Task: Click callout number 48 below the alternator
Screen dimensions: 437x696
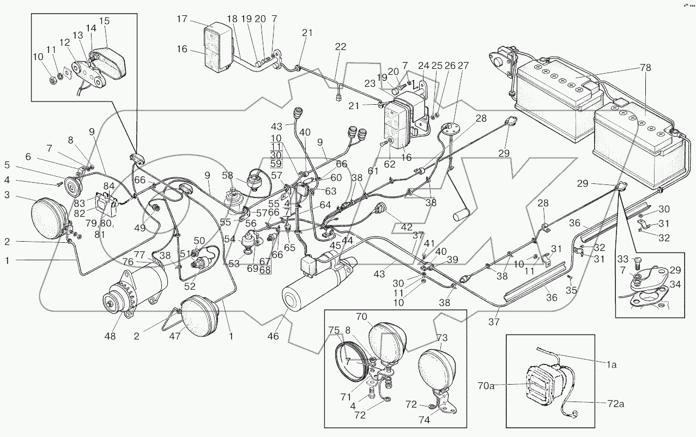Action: point(111,336)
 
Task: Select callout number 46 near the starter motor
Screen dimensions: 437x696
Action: point(273,336)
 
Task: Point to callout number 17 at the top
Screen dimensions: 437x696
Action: point(181,20)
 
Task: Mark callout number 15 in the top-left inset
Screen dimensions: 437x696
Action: point(104,21)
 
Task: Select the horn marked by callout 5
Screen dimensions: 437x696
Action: point(71,188)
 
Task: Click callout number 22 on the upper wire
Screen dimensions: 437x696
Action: point(340,47)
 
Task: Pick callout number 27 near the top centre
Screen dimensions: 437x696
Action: point(463,66)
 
